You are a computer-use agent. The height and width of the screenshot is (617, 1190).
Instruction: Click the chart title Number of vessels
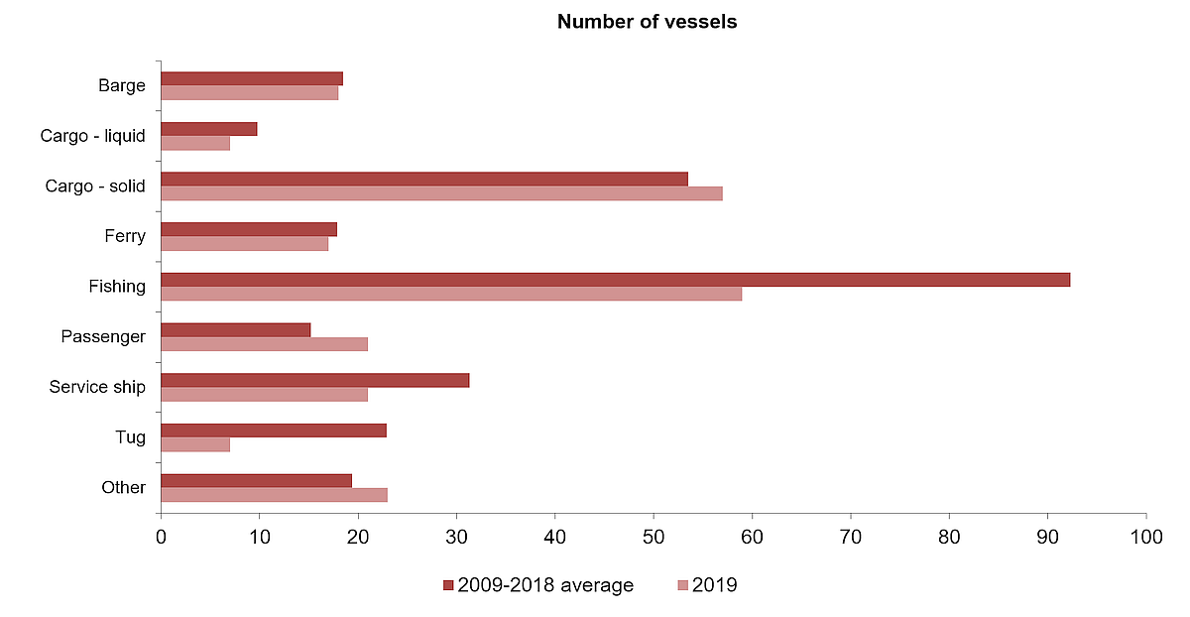tap(647, 21)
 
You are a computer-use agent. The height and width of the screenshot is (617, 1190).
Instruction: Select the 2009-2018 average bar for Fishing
tap(615, 280)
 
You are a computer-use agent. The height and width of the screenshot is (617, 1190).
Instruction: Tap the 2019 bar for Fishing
tap(451, 294)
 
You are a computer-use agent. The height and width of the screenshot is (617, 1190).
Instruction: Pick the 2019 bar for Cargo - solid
tap(441, 193)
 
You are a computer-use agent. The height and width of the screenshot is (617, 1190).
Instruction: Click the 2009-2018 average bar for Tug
tap(274, 431)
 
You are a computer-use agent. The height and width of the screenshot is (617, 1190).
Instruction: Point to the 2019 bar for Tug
tap(195, 444)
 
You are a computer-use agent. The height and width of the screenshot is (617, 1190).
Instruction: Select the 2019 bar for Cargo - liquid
tap(195, 143)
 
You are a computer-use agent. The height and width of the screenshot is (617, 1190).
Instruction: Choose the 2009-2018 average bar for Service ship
tap(314, 380)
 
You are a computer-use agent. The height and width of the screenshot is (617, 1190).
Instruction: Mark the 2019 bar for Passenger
tap(264, 344)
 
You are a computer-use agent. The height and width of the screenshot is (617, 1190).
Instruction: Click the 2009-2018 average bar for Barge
tap(252, 78)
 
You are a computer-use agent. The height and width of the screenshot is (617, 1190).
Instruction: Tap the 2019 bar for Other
tap(274, 494)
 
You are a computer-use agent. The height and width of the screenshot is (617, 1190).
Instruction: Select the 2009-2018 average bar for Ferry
tap(249, 229)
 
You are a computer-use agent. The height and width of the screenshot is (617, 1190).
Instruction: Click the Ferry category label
tap(125, 236)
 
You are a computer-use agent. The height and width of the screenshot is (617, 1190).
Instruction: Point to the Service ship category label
tap(97, 387)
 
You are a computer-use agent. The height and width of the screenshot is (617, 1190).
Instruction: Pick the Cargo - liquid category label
tap(93, 136)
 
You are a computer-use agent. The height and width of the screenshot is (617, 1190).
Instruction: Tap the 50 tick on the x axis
tap(654, 537)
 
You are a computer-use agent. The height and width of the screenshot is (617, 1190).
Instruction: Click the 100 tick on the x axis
tap(1146, 537)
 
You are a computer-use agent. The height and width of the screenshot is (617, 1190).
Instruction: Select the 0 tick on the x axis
tap(161, 537)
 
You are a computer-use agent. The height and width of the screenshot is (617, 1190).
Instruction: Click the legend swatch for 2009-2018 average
tap(448, 586)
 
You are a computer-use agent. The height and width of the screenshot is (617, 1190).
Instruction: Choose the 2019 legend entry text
tap(715, 585)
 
